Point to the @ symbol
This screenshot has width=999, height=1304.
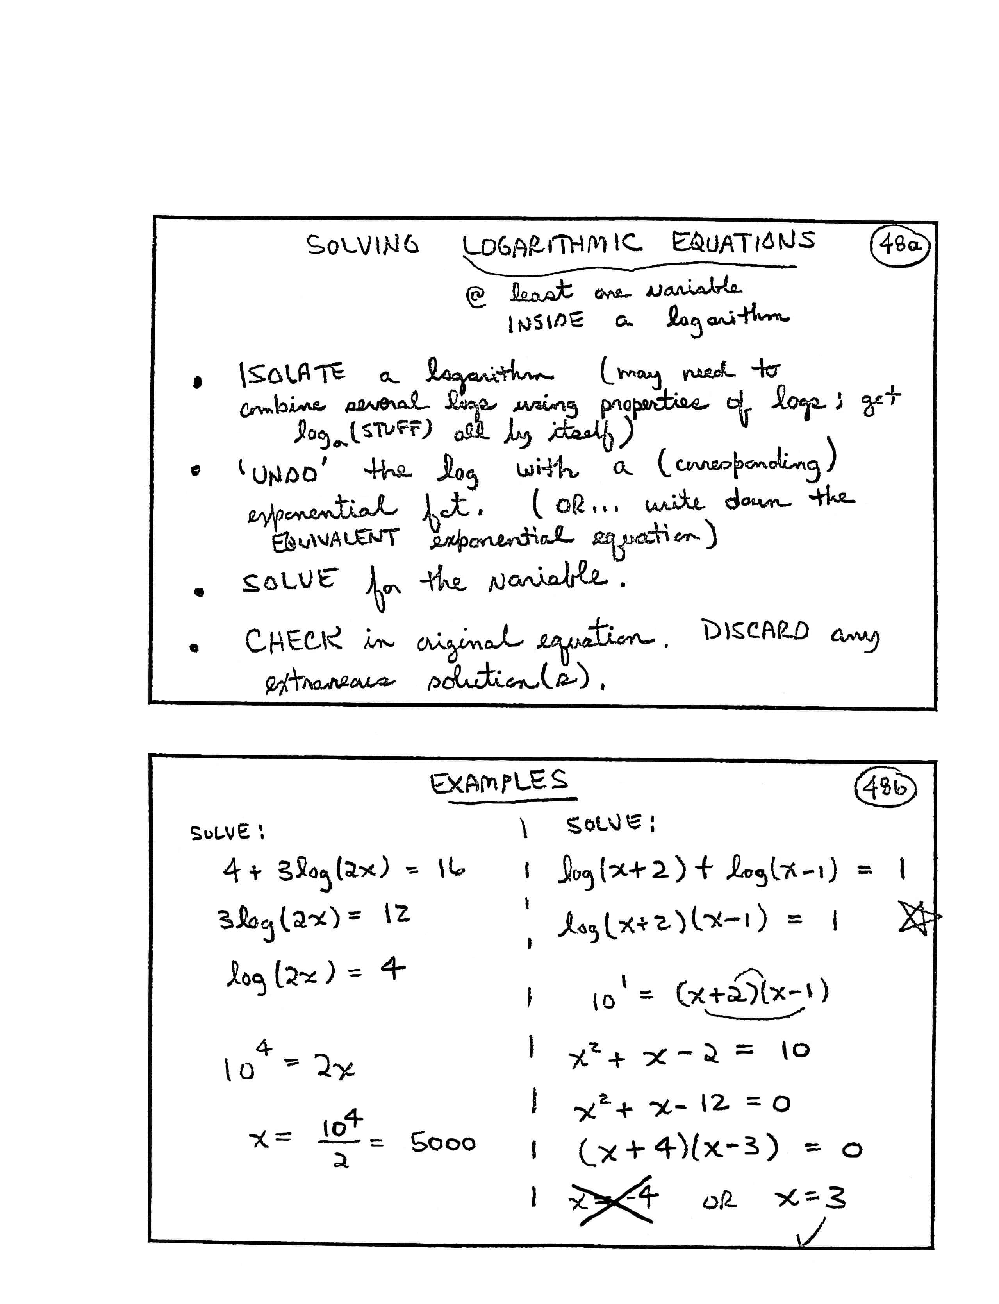[476, 296]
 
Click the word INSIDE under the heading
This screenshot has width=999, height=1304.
[545, 322]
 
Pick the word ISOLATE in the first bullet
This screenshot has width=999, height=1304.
[291, 374]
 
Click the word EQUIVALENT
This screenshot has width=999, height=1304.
[334, 540]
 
